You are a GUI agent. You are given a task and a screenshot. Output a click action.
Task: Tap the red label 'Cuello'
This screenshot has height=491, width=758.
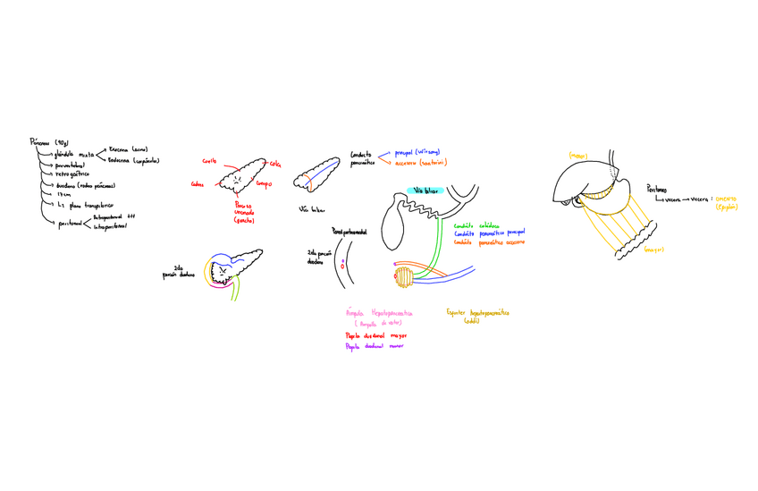point(209,161)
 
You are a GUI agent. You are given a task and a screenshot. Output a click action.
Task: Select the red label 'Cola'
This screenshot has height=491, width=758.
point(275,164)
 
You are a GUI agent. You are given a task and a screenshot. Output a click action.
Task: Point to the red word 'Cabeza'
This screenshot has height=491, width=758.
point(197,185)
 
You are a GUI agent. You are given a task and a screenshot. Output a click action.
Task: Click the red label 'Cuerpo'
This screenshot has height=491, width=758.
point(264,184)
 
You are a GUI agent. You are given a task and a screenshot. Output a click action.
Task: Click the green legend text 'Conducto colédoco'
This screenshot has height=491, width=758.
point(477,225)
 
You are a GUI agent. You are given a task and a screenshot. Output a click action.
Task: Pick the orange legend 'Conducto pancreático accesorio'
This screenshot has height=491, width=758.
point(489,241)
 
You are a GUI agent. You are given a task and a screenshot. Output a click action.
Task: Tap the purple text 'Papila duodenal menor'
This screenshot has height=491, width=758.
point(374,346)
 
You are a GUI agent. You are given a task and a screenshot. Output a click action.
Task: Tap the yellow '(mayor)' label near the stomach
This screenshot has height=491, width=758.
point(653,250)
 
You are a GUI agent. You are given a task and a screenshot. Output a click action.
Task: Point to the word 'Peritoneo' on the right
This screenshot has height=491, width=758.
point(660,189)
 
